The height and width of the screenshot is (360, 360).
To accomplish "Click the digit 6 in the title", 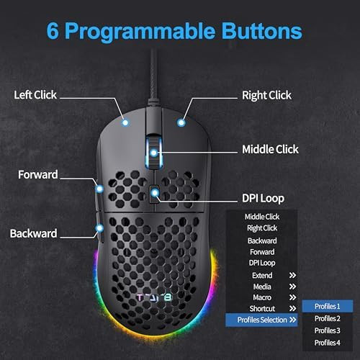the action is coord(53,31).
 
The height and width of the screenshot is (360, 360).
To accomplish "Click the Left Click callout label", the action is coord(35,95).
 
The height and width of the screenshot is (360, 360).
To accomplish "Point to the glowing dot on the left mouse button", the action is coord(125,122).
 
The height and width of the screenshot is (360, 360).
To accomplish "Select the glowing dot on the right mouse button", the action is coord(181,122).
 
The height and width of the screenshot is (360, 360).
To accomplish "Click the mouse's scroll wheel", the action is coord(154,152).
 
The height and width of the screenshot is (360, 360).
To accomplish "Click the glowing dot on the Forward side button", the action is coord(99,189).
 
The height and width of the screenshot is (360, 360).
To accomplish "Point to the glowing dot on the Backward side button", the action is coord(99,228).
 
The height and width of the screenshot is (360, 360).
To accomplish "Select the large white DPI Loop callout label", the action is coord(263,199).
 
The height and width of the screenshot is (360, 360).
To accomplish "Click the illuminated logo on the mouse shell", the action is coord(154,297).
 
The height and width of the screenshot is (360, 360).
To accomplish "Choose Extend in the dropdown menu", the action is coord(262,275).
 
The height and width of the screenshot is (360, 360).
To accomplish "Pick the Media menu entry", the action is coord(262,287).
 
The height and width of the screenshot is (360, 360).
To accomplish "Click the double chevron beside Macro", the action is coord(292,297).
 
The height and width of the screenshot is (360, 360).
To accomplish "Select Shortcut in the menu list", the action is coord(262,309).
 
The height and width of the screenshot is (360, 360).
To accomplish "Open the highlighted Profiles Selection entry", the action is coord(261,320).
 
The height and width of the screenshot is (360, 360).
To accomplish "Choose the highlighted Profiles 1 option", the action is coord(328,306).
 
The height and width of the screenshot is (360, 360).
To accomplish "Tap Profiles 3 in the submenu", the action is coord(328,330).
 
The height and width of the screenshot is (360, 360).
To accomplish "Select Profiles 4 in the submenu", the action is coord(328,343).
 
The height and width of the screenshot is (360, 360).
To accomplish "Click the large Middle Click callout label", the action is coord(270,150).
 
